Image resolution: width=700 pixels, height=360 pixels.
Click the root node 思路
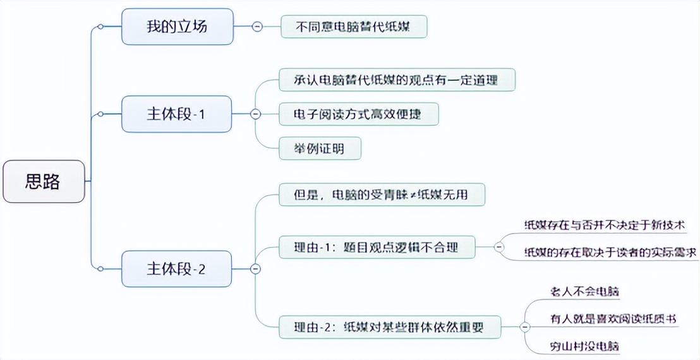(x=43, y=182)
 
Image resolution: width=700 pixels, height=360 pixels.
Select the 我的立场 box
(x=177, y=27)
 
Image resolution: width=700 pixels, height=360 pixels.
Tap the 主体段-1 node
(x=177, y=114)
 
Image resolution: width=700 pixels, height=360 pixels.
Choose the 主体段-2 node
(x=177, y=268)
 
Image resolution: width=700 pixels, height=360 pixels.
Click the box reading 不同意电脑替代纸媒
(x=354, y=27)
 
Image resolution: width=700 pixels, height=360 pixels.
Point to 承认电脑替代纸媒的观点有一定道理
(x=397, y=80)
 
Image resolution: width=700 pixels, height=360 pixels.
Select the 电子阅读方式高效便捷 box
(x=358, y=114)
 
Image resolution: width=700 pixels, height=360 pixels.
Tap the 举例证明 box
(x=320, y=148)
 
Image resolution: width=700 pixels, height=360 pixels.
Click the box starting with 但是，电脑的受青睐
(x=382, y=195)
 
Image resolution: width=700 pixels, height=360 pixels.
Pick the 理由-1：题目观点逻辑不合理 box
(x=377, y=247)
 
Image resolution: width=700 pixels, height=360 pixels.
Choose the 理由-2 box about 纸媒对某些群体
(x=390, y=327)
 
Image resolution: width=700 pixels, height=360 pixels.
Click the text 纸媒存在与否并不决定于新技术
(x=610, y=225)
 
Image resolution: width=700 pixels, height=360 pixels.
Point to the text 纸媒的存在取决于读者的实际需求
(x=610, y=253)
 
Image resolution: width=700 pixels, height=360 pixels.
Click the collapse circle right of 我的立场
(x=256, y=27)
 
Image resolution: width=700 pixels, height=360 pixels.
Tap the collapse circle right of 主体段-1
(x=255, y=114)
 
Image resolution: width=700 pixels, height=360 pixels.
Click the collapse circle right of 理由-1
(x=499, y=247)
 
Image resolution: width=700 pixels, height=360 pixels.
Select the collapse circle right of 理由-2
(x=524, y=327)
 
